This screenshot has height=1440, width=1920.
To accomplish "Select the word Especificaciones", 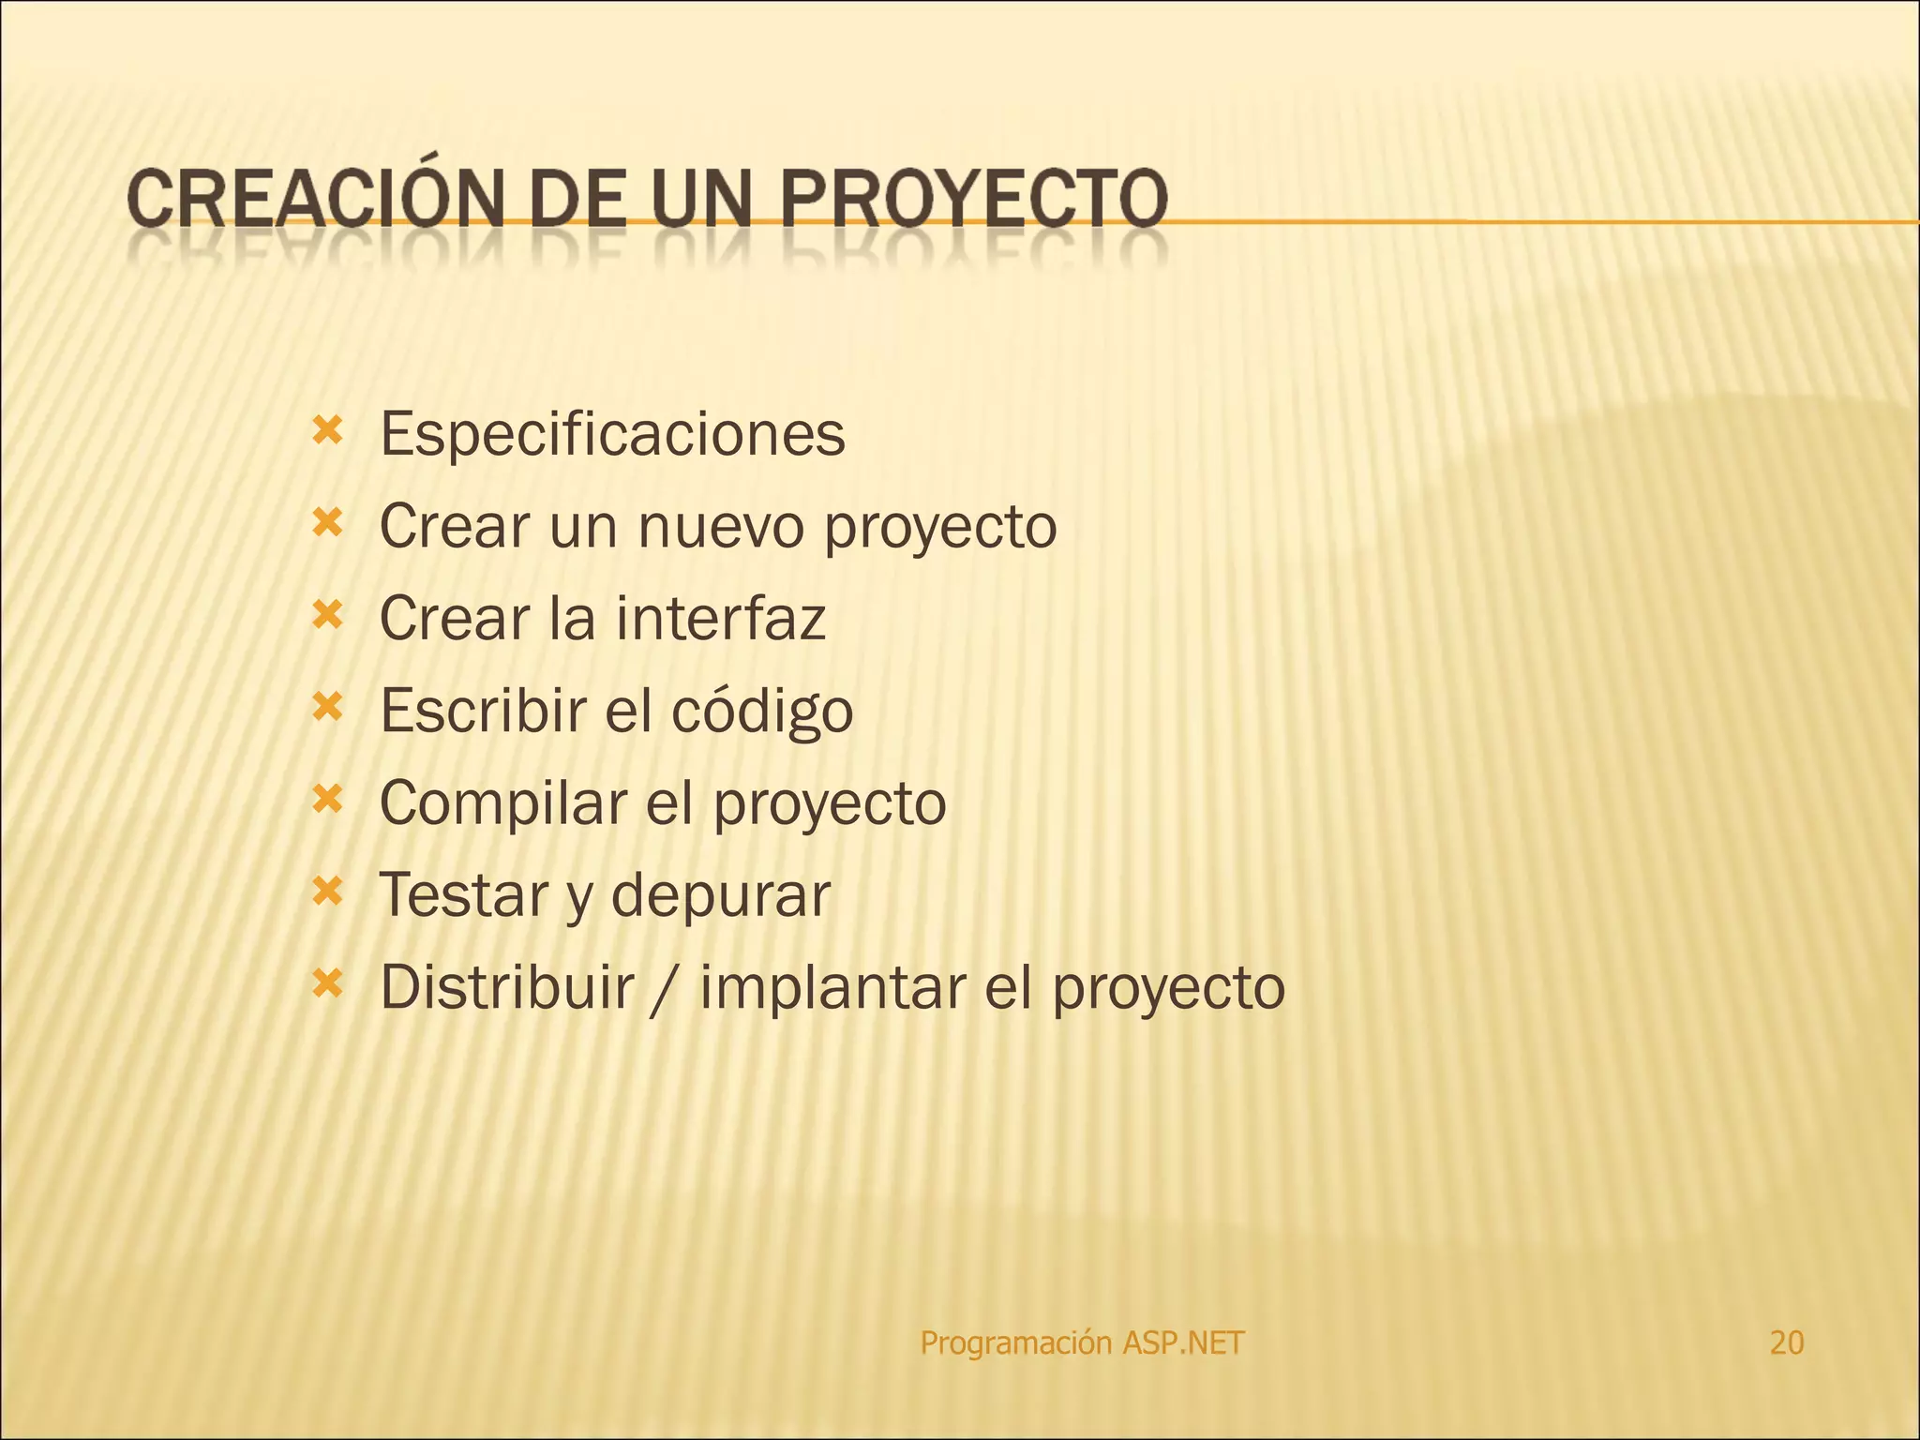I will pos(612,434).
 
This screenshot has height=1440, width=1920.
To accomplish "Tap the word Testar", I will pos(462,894).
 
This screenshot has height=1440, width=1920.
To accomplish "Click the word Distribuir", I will pos(507,986).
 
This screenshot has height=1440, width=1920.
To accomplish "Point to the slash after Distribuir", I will pos(667,988).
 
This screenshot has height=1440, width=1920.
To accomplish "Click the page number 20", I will pos(1786,1342).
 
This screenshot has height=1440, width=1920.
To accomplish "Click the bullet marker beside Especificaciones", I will pos(327,431).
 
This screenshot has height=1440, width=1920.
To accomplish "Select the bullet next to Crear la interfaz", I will pos(327,615).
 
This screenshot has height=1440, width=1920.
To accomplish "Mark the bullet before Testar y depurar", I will pos(327,892).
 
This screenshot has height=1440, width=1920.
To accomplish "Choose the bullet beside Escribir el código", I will pos(327,707).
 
